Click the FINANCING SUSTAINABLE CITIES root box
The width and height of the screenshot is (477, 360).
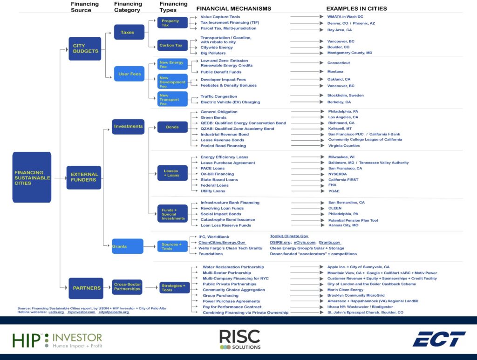[x=32, y=177]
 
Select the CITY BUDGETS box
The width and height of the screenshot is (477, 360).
[x=85, y=48]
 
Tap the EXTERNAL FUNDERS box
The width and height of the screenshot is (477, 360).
[x=84, y=177]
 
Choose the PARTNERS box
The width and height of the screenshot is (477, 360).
[x=86, y=288]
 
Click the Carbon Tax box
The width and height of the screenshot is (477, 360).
[x=170, y=45]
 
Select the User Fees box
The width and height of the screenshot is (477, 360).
[x=129, y=74]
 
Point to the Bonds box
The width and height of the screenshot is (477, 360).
[x=172, y=127]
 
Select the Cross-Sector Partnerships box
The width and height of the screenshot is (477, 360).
[x=127, y=286]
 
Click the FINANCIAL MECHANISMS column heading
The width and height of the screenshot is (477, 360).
[x=233, y=8]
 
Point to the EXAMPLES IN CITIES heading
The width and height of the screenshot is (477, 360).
[x=356, y=8]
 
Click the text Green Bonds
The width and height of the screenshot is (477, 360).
[x=213, y=117]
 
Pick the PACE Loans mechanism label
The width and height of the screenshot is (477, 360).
[x=212, y=168]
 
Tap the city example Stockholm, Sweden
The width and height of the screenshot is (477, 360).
[x=346, y=95]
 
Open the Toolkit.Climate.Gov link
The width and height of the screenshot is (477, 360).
[x=289, y=236]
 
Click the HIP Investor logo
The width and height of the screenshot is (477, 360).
[x=57, y=340]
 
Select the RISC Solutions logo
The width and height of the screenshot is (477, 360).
[x=239, y=340]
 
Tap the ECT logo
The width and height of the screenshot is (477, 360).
[x=438, y=339]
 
